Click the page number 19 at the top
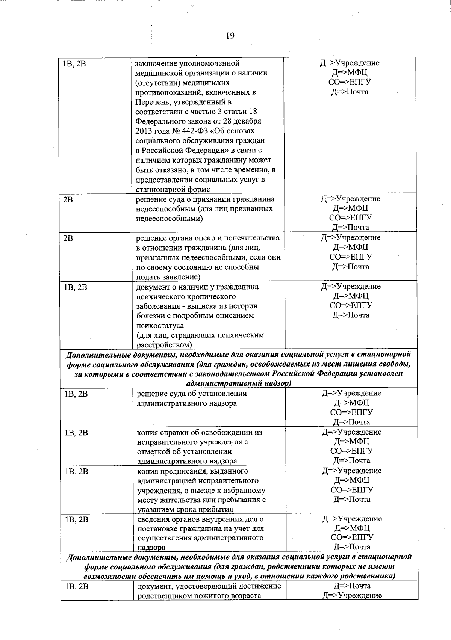[230, 36]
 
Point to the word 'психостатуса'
[160, 325]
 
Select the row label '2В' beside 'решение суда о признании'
[68, 199]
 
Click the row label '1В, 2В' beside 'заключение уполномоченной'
[75, 63]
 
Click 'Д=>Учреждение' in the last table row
[352, 595]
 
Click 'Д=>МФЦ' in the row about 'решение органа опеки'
[351, 247]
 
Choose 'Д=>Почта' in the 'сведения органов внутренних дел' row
[352, 547]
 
